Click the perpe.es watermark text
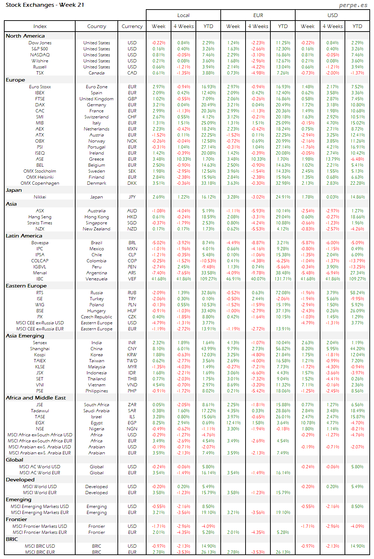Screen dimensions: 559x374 (353, 5)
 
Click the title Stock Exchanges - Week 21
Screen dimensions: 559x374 (45, 5)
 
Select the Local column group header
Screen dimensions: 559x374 (183, 15)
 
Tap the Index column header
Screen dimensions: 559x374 (40, 26)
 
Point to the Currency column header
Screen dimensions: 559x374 (132, 26)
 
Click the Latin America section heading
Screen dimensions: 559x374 (24, 236)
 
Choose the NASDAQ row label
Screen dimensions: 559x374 (40, 55)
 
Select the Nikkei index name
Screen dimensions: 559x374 (40, 197)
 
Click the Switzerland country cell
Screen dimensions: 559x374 (97, 117)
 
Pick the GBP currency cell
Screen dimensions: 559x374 (132, 99)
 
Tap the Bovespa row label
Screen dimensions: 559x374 (40, 243)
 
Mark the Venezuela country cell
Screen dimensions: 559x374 (97, 279)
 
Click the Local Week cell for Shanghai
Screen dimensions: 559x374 (159, 349)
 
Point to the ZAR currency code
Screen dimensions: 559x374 (132, 405)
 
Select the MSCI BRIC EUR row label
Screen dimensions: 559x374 (40, 552)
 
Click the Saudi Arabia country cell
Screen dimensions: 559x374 (97, 411)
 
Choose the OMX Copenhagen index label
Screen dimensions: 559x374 (40, 183)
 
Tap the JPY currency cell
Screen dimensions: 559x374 (132, 197)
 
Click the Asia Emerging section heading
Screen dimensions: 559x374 (25, 336)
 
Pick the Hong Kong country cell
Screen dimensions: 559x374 (97, 217)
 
